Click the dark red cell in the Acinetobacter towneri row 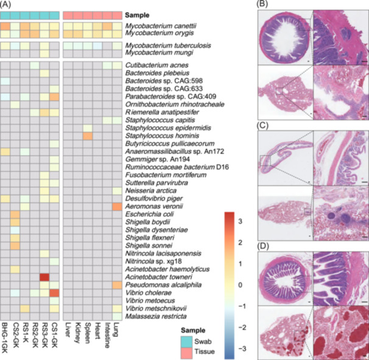point(44,277)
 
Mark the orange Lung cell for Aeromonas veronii point(116,207)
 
